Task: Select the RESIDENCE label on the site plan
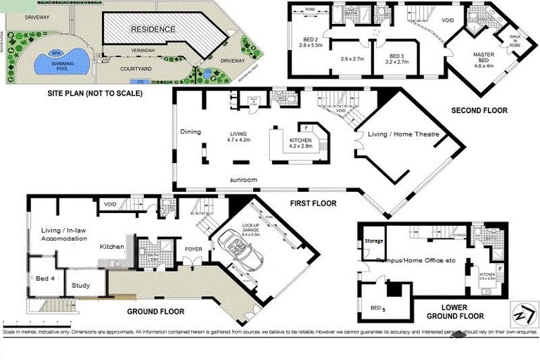(x=152, y=29)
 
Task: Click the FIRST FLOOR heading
(x=313, y=203)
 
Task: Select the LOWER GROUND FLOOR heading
(x=454, y=313)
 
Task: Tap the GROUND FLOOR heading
(x=155, y=311)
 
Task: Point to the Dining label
(x=191, y=131)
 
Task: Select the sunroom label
(x=243, y=180)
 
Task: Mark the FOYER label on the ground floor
(x=194, y=248)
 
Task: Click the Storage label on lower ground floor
(x=374, y=241)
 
